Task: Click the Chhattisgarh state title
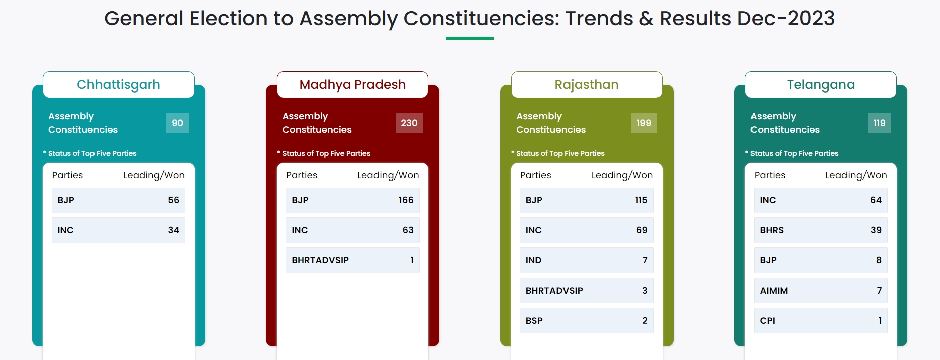(119, 85)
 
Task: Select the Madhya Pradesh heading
(352, 85)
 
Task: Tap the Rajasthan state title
(587, 85)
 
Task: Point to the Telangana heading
(821, 85)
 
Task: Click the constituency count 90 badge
(178, 123)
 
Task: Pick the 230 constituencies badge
(409, 123)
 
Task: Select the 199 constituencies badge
(644, 123)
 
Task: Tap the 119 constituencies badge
(880, 123)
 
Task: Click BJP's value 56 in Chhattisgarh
(174, 200)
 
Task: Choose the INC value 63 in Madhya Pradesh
(408, 230)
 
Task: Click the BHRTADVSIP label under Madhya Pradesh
(320, 260)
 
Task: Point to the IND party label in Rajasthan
(533, 260)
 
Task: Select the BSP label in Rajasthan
(534, 321)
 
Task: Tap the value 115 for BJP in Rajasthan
(641, 200)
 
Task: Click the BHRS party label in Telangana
(772, 230)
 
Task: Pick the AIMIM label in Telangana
(774, 291)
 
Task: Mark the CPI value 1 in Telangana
(880, 321)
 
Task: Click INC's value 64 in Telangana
(876, 200)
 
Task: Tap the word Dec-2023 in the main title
(786, 19)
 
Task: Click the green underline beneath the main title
(469, 38)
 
